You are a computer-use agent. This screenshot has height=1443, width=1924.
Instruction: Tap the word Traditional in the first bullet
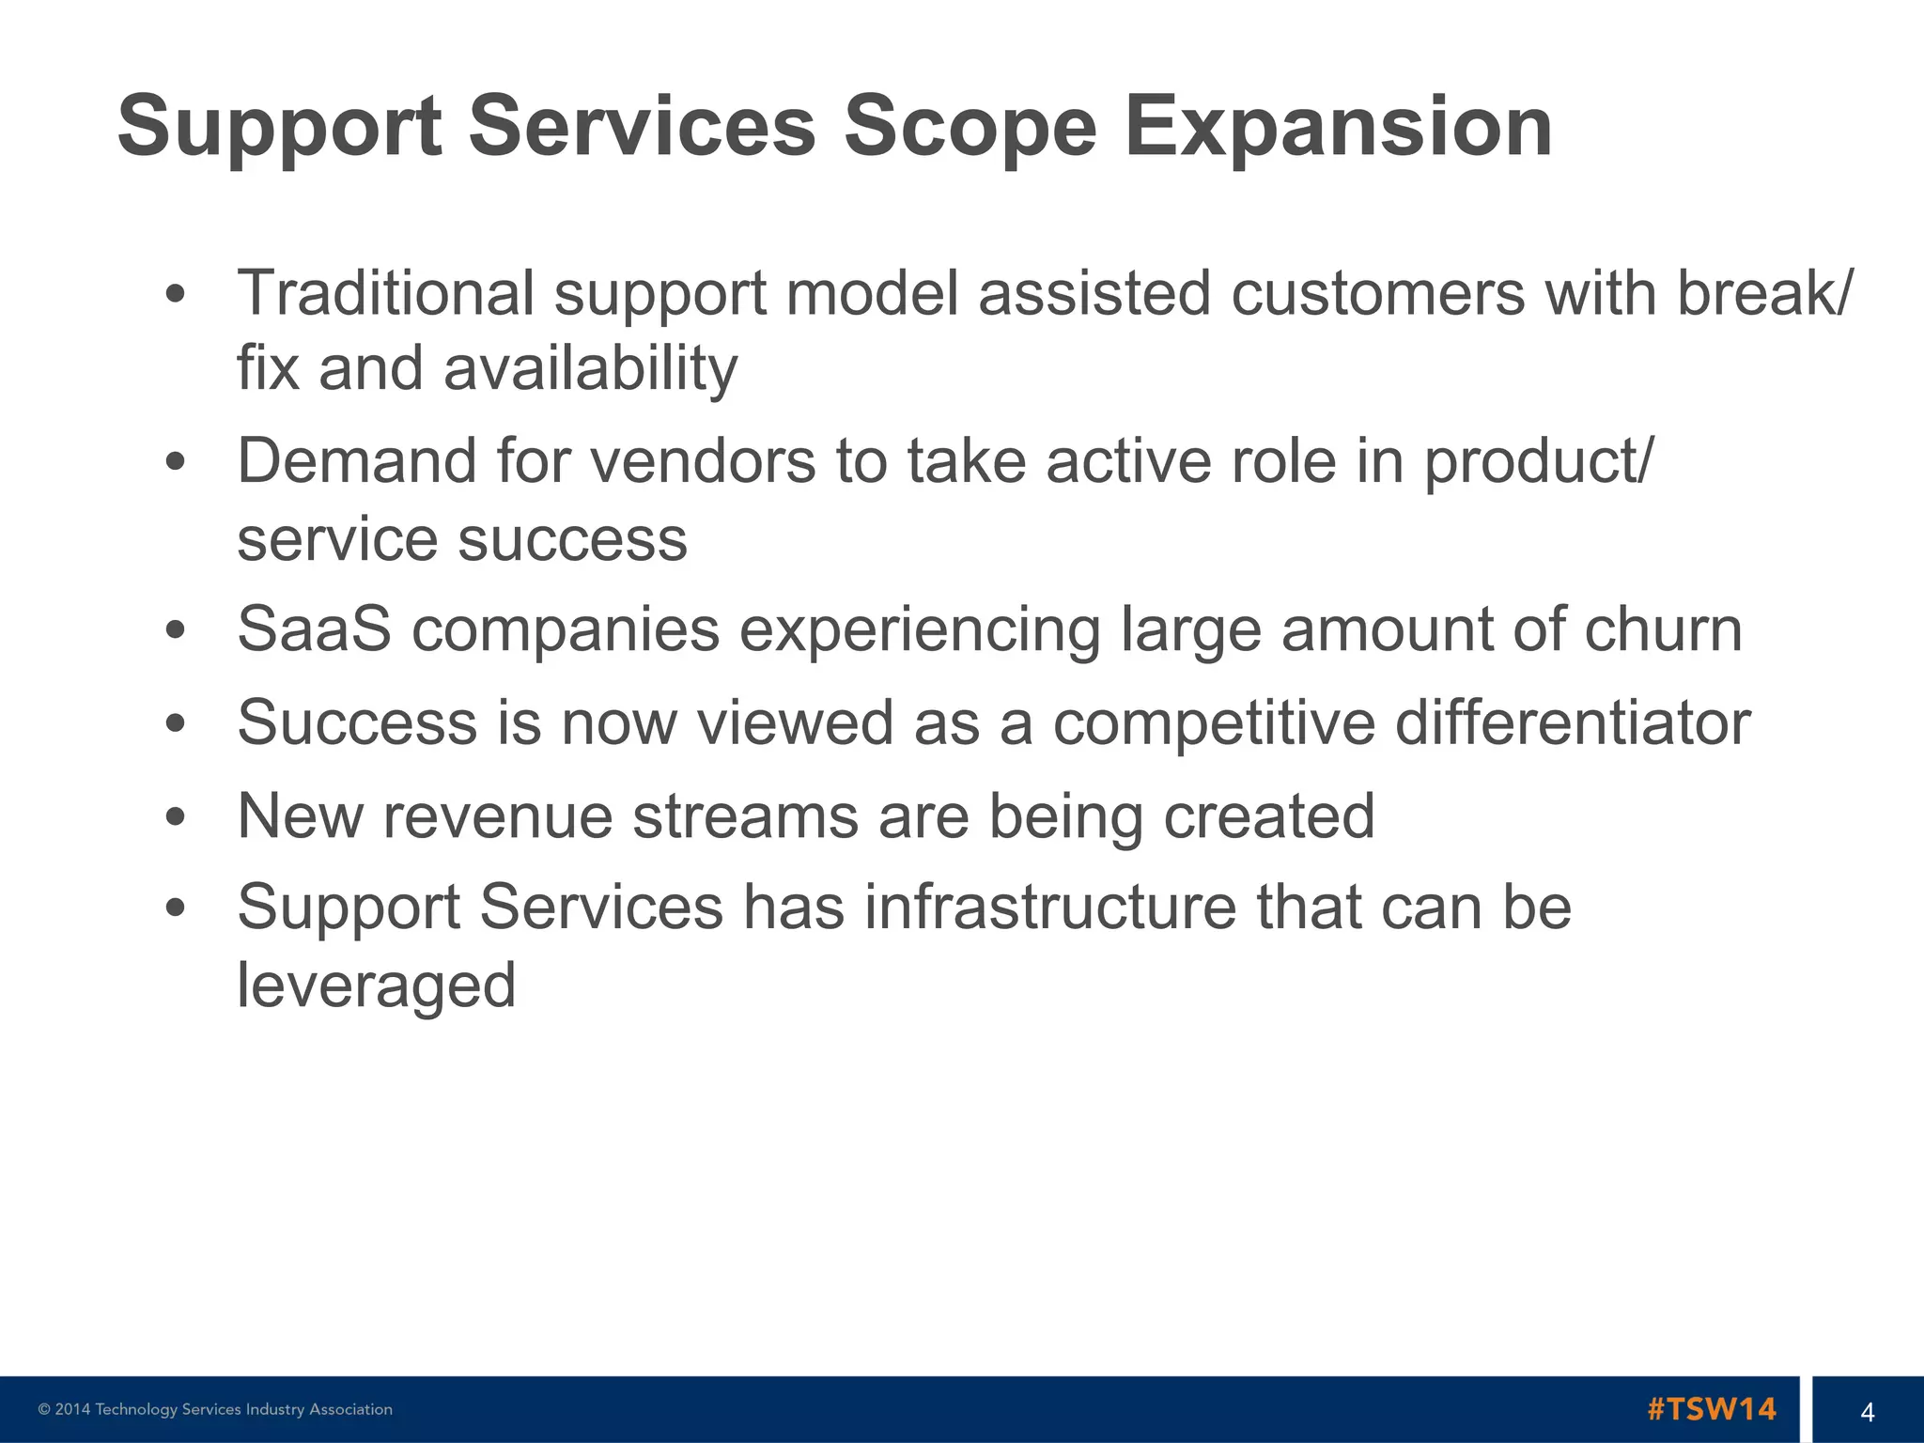pos(385,292)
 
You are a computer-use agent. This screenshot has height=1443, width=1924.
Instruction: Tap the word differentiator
pos(1572,722)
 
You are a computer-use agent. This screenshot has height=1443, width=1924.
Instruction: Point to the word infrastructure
pos(1049,908)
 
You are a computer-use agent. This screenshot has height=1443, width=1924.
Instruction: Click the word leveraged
pos(376,985)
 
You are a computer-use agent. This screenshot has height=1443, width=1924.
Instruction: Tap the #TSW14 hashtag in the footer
pos(1711,1409)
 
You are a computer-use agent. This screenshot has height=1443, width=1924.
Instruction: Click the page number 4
pos(1867,1411)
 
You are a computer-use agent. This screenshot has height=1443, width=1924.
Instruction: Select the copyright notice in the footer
pos(215,1409)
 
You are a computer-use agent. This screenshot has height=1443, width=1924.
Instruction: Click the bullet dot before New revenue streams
pos(175,816)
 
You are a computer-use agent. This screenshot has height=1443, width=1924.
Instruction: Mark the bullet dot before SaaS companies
pos(175,629)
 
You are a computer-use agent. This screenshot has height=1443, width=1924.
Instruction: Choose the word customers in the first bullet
pos(1377,292)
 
